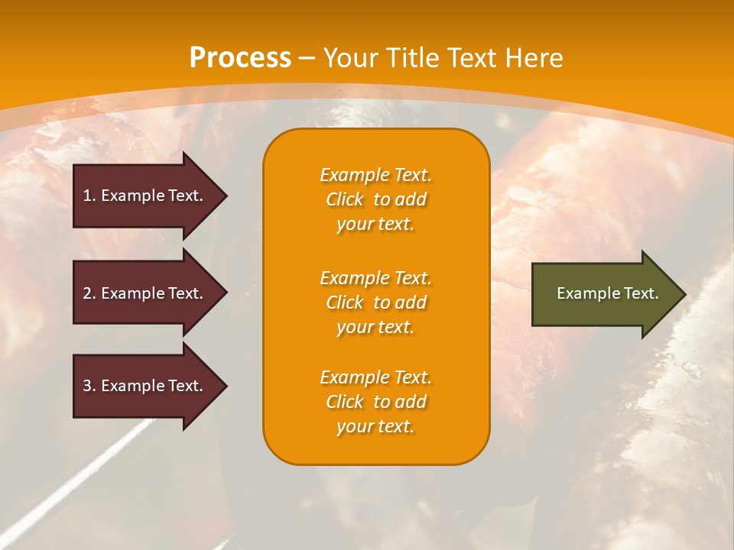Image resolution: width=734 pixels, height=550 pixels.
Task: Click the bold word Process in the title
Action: (x=240, y=58)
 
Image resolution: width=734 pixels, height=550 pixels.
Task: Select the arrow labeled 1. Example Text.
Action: (x=145, y=196)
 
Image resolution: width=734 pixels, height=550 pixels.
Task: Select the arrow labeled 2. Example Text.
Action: (x=145, y=293)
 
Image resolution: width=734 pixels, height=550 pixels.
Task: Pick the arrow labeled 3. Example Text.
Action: (x=145, y=387)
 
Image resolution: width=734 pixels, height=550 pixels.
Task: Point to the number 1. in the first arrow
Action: (x=89, y=196)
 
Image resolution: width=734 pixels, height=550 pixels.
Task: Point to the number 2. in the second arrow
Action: (x=89, y=293)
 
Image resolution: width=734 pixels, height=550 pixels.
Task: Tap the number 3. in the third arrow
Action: (x=89, y=387)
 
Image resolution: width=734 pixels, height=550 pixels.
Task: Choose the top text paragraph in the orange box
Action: (x=375, y=199)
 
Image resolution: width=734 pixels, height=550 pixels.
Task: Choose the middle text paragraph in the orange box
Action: (x=375, y=302)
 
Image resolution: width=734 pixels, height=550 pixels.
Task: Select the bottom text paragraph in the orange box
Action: (x=375, y=402)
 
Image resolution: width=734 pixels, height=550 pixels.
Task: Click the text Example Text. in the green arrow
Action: (x=607, y=293)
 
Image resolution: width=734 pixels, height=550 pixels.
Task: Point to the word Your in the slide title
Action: (x=351, y=58)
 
